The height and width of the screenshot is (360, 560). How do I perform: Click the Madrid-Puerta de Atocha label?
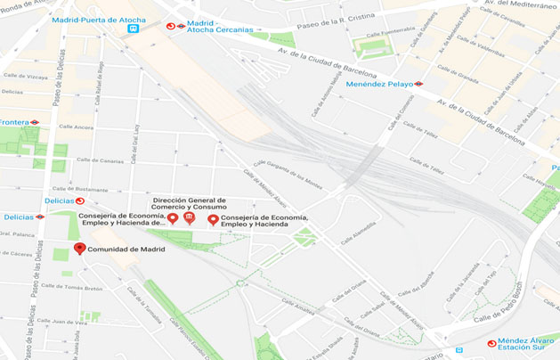(x=100, y=19)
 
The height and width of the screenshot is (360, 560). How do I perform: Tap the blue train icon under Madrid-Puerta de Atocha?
(x=133, y=29)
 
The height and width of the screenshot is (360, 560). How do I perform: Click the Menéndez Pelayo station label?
(x=379, y=84)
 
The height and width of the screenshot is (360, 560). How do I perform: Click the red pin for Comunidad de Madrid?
(x=79, y=249)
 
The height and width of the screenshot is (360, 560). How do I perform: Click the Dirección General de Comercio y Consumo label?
(x=190, y=204)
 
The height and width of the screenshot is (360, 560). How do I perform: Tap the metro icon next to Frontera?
(x=35, y=122)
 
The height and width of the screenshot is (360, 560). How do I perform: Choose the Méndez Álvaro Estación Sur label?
(x=525, y=344)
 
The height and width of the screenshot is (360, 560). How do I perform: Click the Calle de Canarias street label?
(x=100, y=160)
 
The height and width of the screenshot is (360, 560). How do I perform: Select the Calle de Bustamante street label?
(x=80, y=189)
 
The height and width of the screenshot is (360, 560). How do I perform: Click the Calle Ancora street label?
(x=77, y=127)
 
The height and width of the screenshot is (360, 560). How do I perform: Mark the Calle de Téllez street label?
(x=425, y=134)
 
